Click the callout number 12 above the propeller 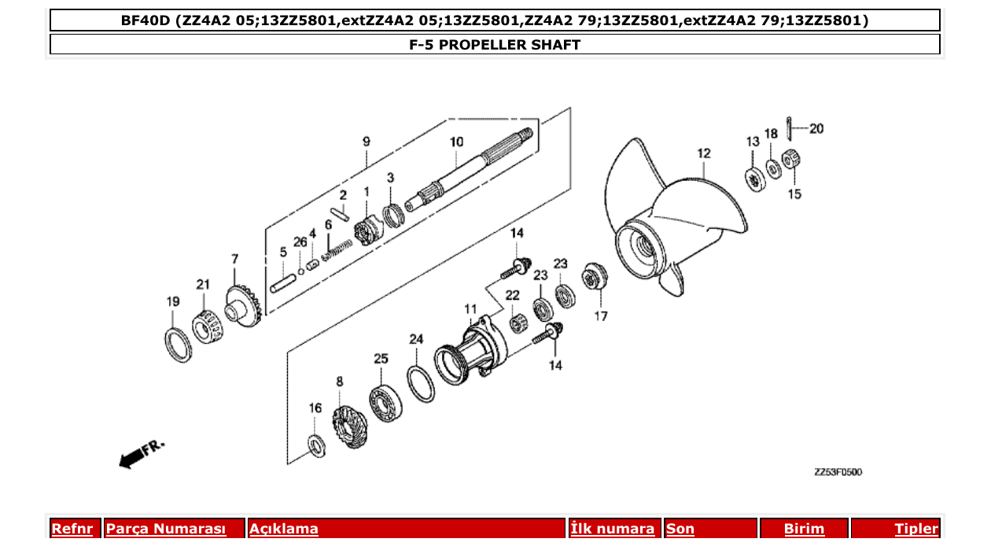click(x=703, y=153)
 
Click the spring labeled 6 click(x=337, y=251)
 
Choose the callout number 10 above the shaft click(x=457, y=142)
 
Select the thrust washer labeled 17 click(x=595, y=279)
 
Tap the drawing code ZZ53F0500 click(x=838, y=473)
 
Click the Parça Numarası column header click(x=166, y=529)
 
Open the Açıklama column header click(x=284, y=529)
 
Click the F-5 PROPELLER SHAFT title click(x=495, y=45)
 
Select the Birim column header click(x=804, y=529)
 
